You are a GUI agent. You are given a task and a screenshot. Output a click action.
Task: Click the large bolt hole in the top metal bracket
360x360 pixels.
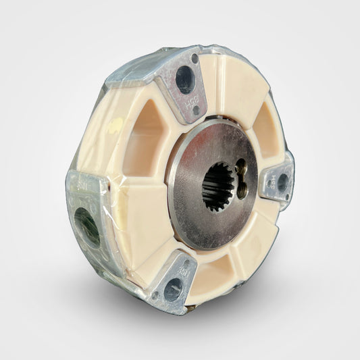point(185,80)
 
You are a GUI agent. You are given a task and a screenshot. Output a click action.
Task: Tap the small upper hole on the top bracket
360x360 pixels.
point(195,59)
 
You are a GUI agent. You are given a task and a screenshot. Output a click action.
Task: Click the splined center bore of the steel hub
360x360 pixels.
point(217,186)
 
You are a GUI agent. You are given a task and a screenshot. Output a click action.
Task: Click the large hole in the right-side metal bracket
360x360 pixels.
point(282,181)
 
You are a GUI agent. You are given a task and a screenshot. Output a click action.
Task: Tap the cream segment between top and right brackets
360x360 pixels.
point(230,81)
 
